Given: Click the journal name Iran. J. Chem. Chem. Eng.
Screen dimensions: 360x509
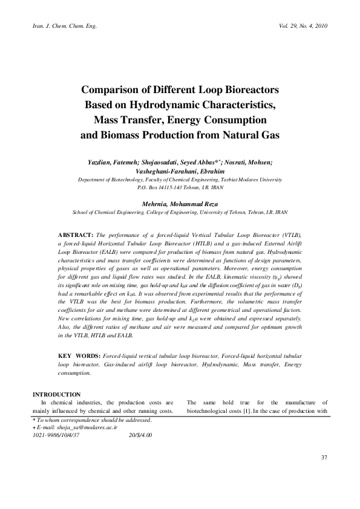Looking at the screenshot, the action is coord(59,27).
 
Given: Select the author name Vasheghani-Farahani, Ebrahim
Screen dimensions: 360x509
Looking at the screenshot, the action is coord(180,171).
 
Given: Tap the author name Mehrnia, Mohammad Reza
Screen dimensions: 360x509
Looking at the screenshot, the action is coord(180,204).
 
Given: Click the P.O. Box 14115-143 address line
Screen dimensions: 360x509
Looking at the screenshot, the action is coord(180,188).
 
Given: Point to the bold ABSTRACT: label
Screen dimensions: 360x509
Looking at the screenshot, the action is coord(75,233).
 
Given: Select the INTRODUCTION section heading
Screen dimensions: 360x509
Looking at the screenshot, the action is coord(57,394).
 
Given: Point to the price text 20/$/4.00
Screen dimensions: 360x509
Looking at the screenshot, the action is coord(141,434).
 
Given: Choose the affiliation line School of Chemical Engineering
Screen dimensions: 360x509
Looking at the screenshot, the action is coord(180,213).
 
